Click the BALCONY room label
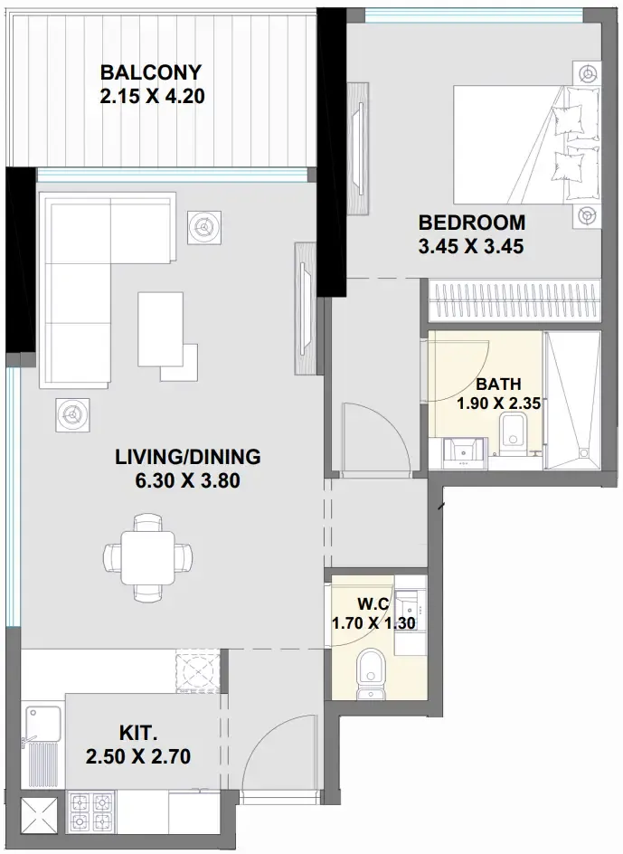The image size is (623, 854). [x=151, y=71]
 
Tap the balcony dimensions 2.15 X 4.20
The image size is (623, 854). [x=153, y=97]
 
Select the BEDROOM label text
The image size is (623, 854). [x=472, y=223]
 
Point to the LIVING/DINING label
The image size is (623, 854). [x=188, y=457]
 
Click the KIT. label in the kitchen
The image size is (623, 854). [x=138, y=733]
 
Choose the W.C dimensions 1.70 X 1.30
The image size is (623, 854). [x=373, y=623]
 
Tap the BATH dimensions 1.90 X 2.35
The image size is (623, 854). [x=498, y=403]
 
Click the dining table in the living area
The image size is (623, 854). [x=147, y=557]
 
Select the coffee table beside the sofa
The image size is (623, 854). [x=160, y=329]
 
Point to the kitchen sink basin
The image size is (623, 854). [x=43, y=724]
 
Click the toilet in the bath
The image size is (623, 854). [x=512, y=434]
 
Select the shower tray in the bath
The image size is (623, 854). [x=572, y=400]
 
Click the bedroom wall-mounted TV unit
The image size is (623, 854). [x=358, y=150]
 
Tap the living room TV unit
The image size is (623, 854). [x=306, y=308]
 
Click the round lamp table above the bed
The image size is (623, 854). [x=587, y=73]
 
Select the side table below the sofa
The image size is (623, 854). [x=73, y=415]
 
